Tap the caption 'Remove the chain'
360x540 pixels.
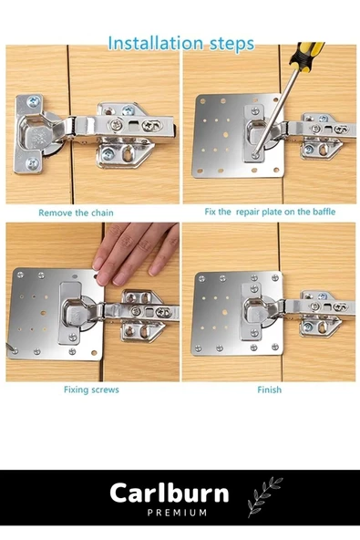tap(76, 213)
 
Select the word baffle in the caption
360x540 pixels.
tap(324, 212)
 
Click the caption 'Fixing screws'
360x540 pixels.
tap(91, 389)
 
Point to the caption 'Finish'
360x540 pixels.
tap(270, 389)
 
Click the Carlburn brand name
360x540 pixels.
tap(170, 493)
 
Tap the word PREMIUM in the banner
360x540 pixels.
tap(177, 513)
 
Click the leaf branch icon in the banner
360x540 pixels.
tap(264, 497)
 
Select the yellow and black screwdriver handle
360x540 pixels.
tap(306, 55)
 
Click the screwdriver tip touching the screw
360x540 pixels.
tap(255, 155)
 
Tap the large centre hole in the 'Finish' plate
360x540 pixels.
tap(225, 312)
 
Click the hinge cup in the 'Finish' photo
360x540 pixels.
tap(255, 310)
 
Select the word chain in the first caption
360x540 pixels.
tap(101, 213)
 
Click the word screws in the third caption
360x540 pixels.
tap(106, 390)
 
